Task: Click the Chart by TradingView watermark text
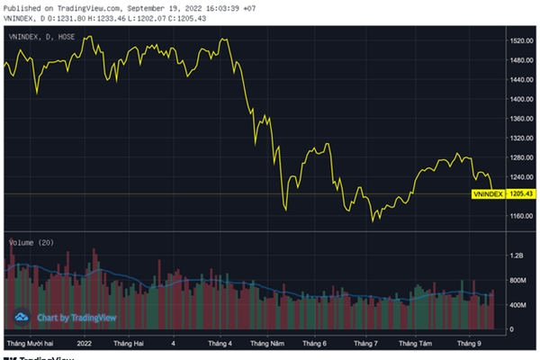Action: [x=73, y=318]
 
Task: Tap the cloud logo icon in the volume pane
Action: [x=22, y=318]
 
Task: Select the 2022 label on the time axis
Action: [x=85, y=344]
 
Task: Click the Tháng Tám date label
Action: [x=416, y=344]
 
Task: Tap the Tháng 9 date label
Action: [x=468, y=344]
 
